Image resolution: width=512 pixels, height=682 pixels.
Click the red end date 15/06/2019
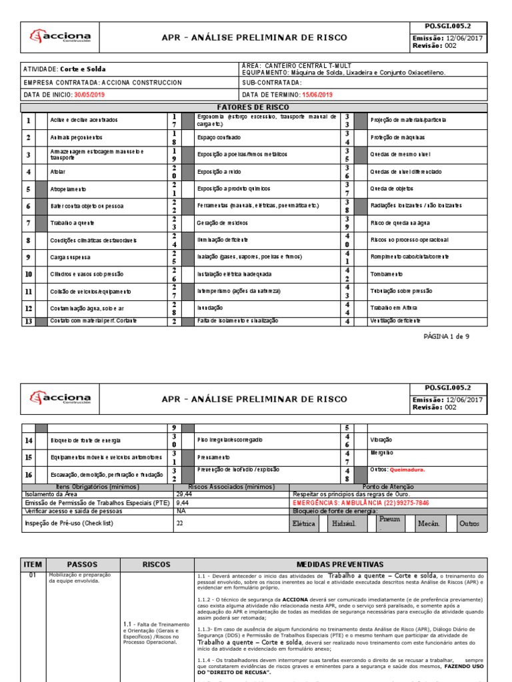[x=317, y=95]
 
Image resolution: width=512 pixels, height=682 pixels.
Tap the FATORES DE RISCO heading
[x=255, y=107]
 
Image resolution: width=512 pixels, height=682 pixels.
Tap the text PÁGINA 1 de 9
[x=447, y=337]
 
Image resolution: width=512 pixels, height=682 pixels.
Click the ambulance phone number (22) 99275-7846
[x=399, y=503]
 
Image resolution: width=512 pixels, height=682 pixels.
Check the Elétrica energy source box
[x=305, y=523]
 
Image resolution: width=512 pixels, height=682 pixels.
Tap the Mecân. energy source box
[x=429, y=523]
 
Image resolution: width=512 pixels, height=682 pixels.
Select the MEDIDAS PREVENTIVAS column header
[x=339, y=565]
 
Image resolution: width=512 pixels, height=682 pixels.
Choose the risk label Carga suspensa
[x=69, y=256]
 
